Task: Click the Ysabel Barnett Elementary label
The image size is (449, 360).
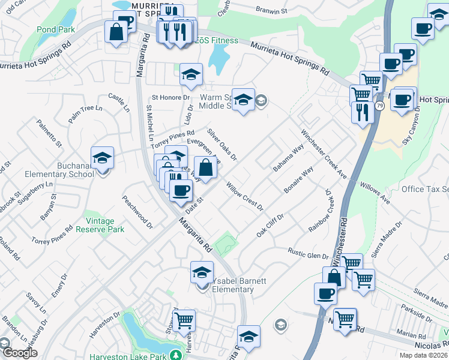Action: tap(224, 286)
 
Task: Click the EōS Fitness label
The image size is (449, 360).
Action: tap(217, 41)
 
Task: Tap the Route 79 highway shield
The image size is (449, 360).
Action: tap(380, 106)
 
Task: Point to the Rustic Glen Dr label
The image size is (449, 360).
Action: tap(308, 253)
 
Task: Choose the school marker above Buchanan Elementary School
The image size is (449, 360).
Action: tap(103, 158)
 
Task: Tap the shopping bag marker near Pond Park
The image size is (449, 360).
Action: tap(116, 31)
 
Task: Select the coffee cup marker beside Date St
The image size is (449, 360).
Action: tap(181, 190)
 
